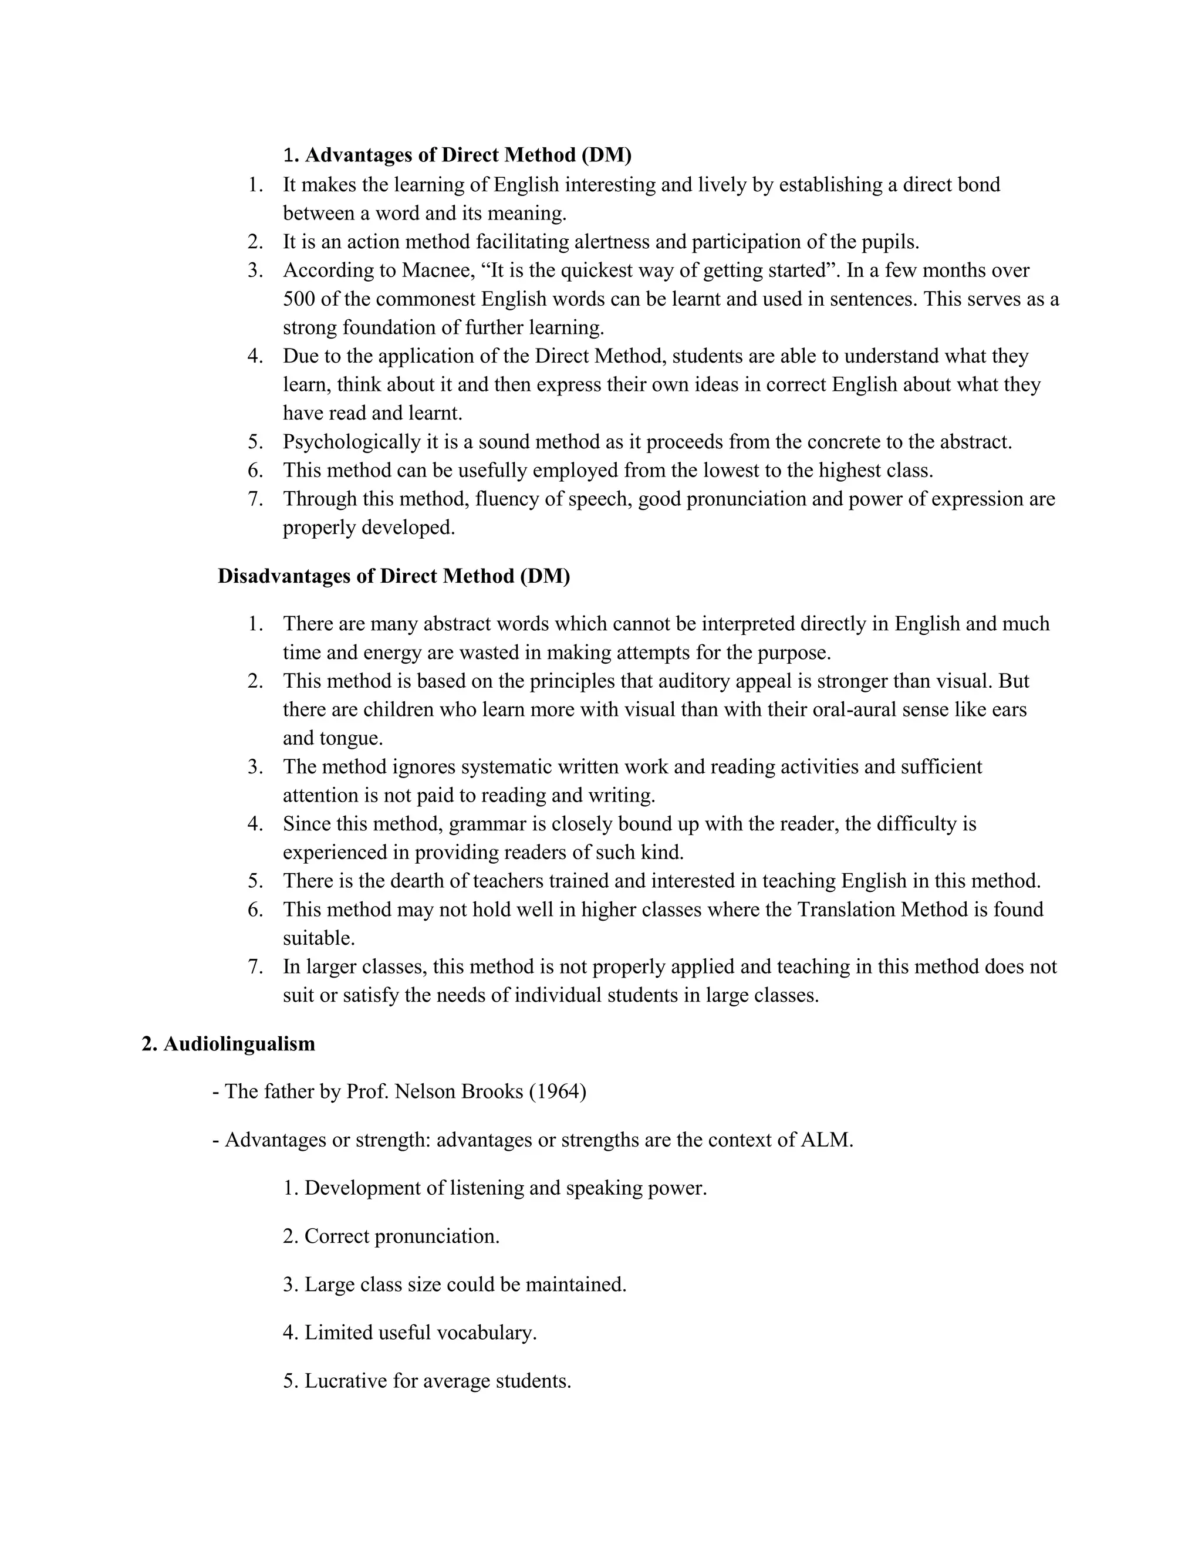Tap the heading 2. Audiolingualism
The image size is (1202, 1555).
point(228,1043)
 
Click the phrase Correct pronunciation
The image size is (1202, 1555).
point(401,1235)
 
